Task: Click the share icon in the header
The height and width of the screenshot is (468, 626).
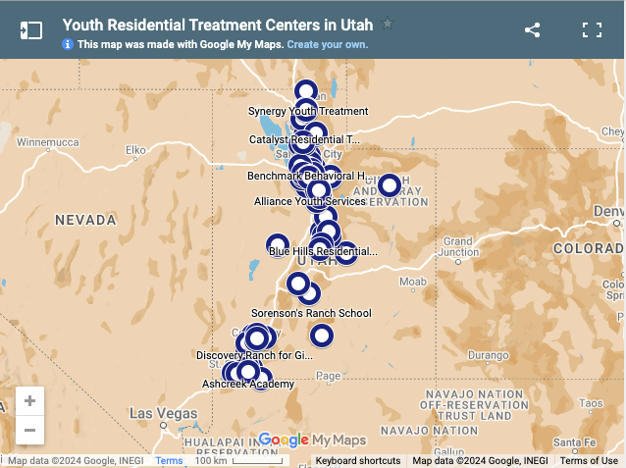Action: click(532, 29)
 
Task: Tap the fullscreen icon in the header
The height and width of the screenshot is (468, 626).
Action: click(592, 29)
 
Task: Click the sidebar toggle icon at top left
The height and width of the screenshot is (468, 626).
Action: click(31, 29)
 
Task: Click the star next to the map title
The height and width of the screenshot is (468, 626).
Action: click(388, 24)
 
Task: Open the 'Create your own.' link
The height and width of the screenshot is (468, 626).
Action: click(328, 44)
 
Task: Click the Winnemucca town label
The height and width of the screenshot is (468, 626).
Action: click(47, 142)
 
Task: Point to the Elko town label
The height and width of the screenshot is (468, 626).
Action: click(134, 149)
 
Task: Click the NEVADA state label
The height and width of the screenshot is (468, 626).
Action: click(85, 221)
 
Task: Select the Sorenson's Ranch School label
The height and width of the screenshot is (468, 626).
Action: click(311, 313)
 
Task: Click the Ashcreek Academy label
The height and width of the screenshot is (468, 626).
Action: click(248, 384)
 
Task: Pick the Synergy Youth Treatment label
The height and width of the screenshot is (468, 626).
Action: click(308, 111)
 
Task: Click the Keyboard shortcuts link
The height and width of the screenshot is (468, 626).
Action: click(358, 461)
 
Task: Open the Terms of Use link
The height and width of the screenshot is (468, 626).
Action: click(589, 461)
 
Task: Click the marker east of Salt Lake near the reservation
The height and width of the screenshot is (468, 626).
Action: click(390, 184)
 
